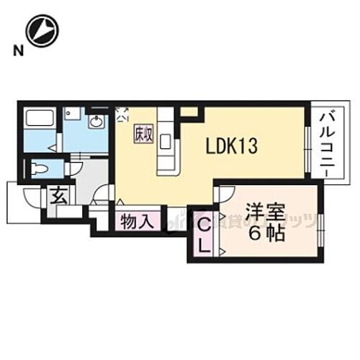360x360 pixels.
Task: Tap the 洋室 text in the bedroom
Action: (x=264, y=213)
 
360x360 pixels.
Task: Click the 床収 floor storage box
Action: (x=141, y=134)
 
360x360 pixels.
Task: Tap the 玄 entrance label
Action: (x=56, y=195)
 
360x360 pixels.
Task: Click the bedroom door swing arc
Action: (x=224, y=195)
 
